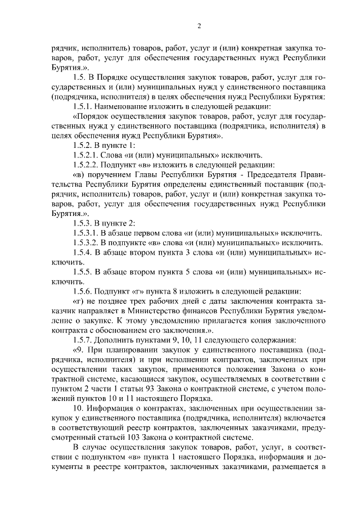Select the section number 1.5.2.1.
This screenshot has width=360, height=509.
tap(86, 155)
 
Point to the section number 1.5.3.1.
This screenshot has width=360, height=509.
tap(86, 233)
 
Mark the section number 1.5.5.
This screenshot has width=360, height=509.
tap(82, 272)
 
